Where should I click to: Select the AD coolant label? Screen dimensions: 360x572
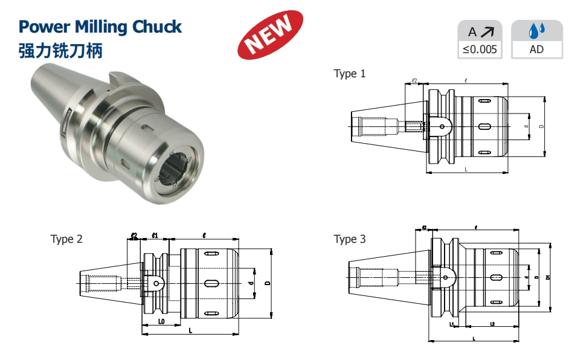point(536,50)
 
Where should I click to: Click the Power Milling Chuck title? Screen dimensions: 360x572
point(100,27)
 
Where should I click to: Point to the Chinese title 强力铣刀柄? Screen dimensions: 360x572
point(60,50)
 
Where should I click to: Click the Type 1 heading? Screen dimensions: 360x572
point(350,74)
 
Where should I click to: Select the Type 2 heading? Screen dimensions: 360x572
point(66,239)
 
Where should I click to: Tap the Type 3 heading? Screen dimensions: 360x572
point(350,239)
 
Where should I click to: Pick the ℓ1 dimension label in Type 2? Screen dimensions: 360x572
point(155,235)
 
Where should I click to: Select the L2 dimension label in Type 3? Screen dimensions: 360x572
point(492,324)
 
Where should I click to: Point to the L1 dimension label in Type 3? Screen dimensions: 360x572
point(452,324)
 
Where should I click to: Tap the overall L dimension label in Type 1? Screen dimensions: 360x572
point(466,170)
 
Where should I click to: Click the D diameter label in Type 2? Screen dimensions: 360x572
point(266,283)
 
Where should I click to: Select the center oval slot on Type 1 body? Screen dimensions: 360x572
point(484,126)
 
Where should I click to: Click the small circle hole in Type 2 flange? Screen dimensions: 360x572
point(155,281)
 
